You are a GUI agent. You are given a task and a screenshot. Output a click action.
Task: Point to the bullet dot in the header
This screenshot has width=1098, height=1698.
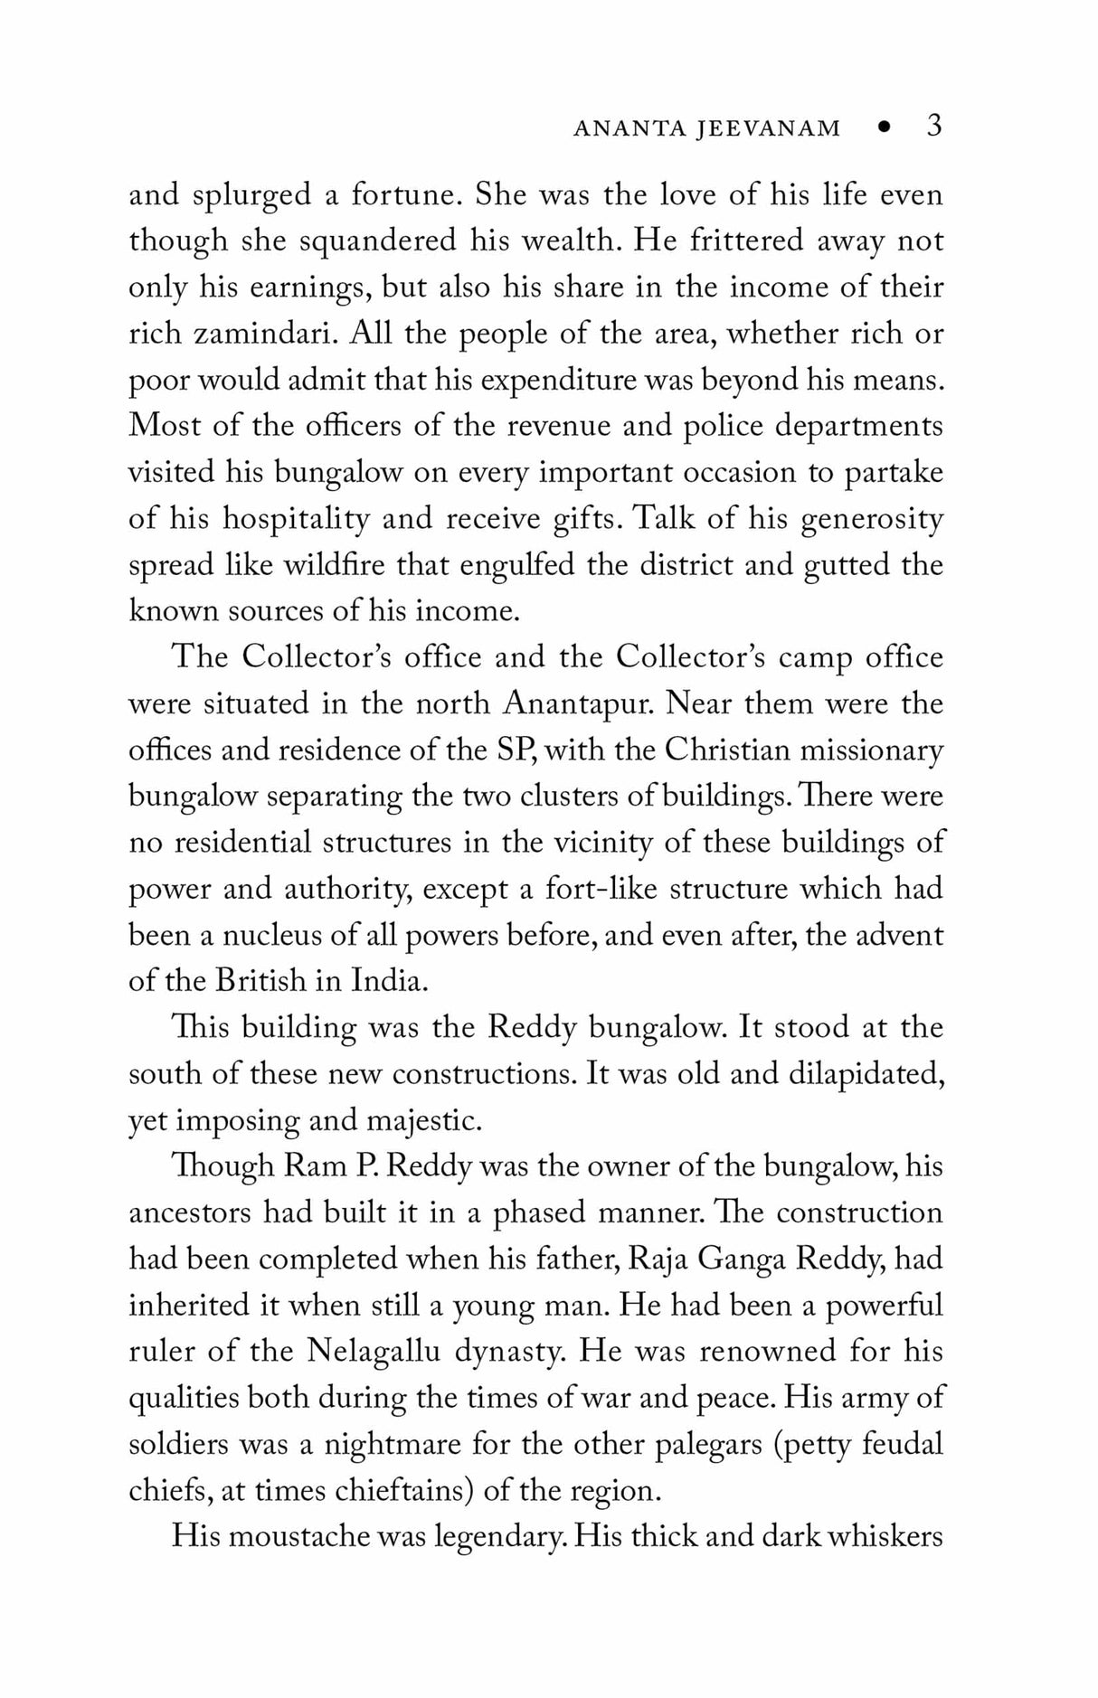point(885,128)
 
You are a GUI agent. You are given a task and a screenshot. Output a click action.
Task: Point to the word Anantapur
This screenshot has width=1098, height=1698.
point(577,703)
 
